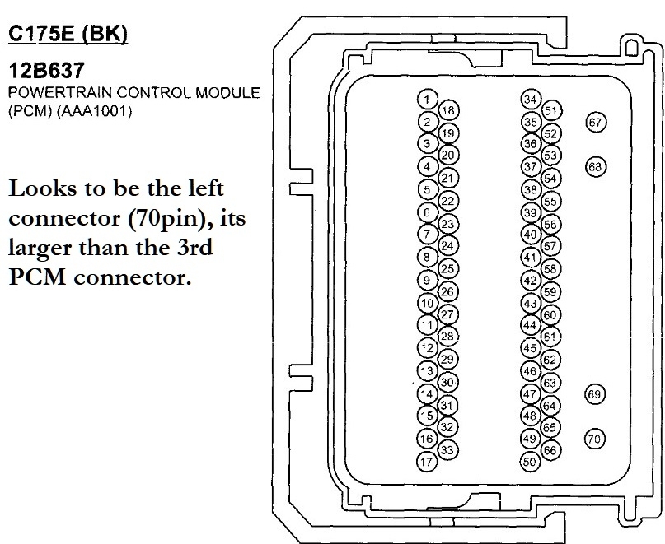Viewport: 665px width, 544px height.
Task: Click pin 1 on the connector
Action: pyautogui.click(x=426, y=100)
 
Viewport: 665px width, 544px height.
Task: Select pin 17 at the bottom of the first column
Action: pyautogui.click(x=426, y=462)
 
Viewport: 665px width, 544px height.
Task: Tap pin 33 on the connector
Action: pyautogui.click(x=448, y=449)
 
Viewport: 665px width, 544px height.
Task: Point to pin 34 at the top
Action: pyautogui.click(x=531, y=100)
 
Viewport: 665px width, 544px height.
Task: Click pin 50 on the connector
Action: pyautogui.click(x=531, y=462)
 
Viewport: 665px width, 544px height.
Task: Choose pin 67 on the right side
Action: pyautogui.click(x=595, y=122)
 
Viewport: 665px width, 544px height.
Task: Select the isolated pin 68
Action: pyautogui.click(x=595, y=166)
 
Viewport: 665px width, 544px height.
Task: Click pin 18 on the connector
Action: pyautogui.click(x=448, y=110)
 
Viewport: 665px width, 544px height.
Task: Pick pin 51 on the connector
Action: pyautogui.click(x=552, y=110)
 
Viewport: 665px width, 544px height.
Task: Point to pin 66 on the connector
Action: pyautogui.click(x=552, y=449)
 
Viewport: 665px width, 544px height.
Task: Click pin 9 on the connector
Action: pyautogui.click(x=426, y=281)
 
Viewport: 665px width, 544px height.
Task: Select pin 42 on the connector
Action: pyautogui.click(x=531, y=281)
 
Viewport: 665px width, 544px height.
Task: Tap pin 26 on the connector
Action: pyautogui.click(x=448, y=291)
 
